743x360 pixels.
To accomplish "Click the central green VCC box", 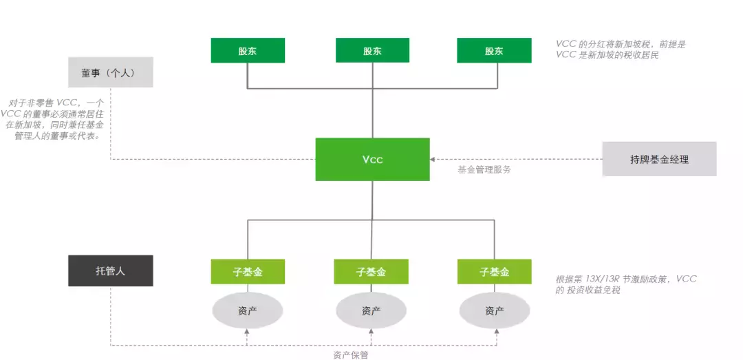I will click(x=372, y=159).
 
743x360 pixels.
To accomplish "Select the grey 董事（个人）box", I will click(x=110, y=72).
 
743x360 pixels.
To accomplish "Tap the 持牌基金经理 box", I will click(x=659, y=159).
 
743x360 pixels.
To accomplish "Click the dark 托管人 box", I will click(x=110, y=271).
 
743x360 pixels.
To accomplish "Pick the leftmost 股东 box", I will click(x=248, y=51).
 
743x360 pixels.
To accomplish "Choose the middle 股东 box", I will click(x=372, y=51).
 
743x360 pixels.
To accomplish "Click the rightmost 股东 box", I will click(x=494, y=51).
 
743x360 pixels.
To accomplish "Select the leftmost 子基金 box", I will click(x=248, y=272).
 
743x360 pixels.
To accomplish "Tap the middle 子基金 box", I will click(x=371, y=272).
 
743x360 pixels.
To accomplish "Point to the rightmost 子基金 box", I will click(x=494, y=272).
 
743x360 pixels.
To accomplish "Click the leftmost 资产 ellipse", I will click(x=248, y=310).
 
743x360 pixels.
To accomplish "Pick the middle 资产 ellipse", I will click(x=371, y=310).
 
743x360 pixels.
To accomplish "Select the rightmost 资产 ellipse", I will click(x=494, y=310).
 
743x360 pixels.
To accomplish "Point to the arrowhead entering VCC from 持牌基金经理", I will click(x=433, y=159).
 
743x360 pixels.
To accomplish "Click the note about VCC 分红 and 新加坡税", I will click(x=621, y=50).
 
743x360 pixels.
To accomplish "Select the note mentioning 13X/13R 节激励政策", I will click(x=625, y=284).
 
